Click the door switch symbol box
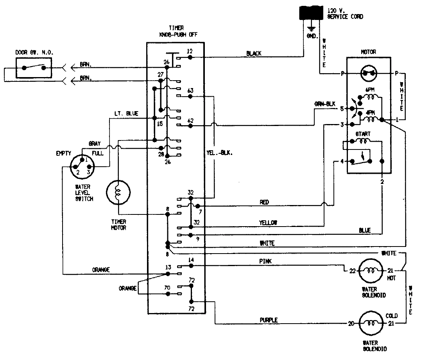pos(34,67)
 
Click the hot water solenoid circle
pos(369,270)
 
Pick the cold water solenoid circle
pos(369,324)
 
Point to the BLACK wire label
pos(254,53)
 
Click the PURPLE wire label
pos(269,320)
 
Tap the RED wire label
pos(264,202)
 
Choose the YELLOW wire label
pos(268,222)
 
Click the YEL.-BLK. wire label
pos(224,153)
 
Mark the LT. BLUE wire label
pos(127,113)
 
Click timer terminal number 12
pos(190,51)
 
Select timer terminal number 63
pos(190,90)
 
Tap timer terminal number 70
pos(167,288)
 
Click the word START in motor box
pos(362,134)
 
